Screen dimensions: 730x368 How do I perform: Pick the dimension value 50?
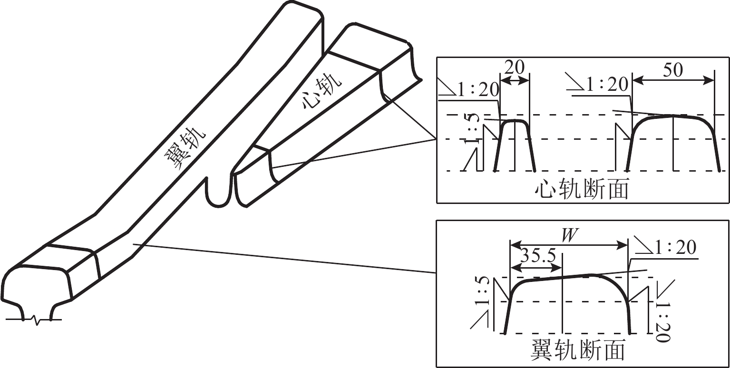pos(672,69)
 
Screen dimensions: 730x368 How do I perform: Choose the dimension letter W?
pos(569,236)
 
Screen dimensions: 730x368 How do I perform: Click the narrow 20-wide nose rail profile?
pos(515,145)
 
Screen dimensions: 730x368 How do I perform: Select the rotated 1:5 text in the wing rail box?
pos(482,291)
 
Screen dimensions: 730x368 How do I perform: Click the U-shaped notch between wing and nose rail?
pos(219,192)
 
